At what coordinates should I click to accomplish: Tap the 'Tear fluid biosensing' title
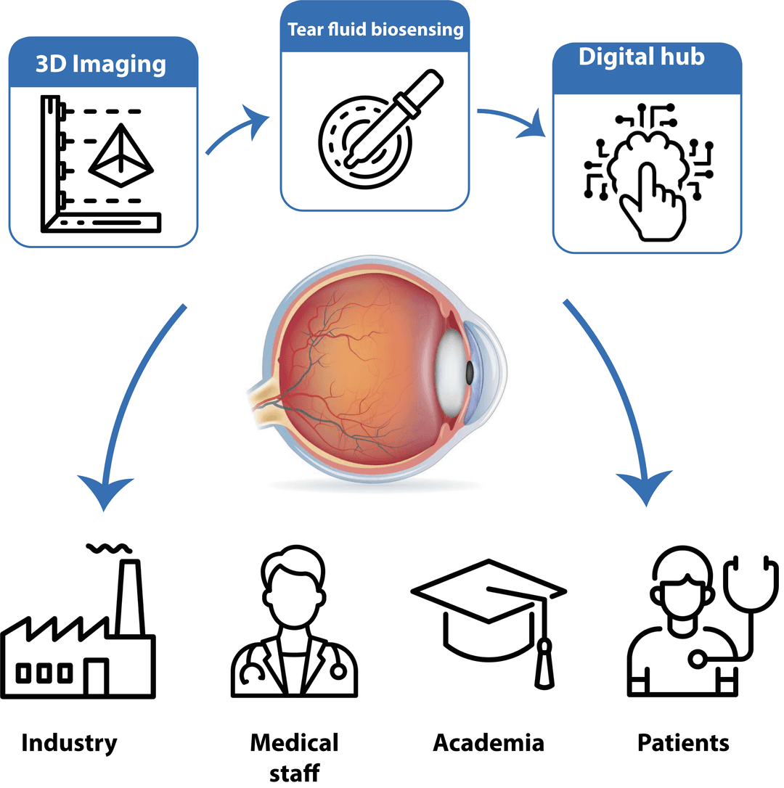coord(375,30)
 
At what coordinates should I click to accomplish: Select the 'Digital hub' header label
coord(641,58)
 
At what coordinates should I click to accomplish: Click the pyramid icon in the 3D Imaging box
coord(121,150)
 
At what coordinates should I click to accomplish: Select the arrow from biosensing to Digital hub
coord(513,119)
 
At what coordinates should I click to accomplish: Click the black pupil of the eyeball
coord(469,373)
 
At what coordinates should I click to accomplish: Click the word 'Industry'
coord(69,742)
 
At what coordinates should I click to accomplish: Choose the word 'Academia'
coord(488,742)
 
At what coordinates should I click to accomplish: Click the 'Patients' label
coord(683,742)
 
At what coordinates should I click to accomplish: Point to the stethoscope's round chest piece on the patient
coord(698,659)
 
